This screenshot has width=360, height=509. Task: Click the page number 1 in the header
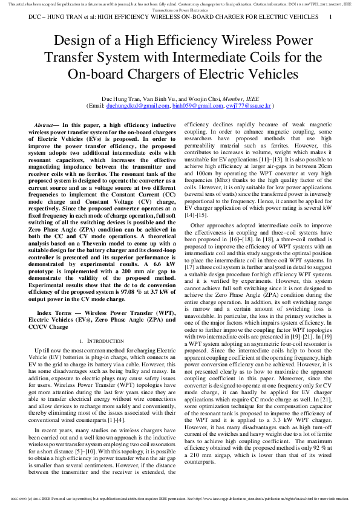pos(330,18)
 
